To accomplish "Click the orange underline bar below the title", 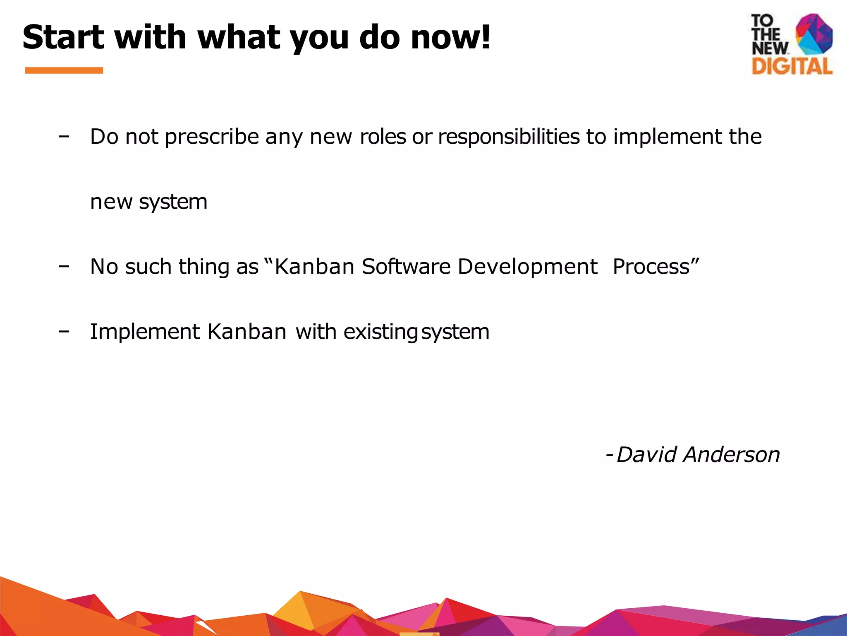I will (x=64, y=70).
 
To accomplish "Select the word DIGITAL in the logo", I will (x=792, y=66).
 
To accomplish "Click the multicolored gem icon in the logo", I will (x=814, y=34).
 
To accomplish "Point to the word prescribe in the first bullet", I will (x=212, y=137).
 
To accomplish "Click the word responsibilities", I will (x=508, y=137).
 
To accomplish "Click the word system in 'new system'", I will (x=173, y=202).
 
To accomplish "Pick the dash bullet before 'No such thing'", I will (x=64, y=266).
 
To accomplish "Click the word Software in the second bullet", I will (x=406, y=266).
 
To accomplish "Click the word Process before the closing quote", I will (x=651, y=266).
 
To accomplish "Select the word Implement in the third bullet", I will (x=145, y=332).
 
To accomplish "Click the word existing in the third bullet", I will (x=380, y=332).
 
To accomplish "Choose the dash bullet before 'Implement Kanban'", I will (x=64, y=331).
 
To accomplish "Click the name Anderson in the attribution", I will (x=731, y=455).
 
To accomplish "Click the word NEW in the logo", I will (x=769, y=48).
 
